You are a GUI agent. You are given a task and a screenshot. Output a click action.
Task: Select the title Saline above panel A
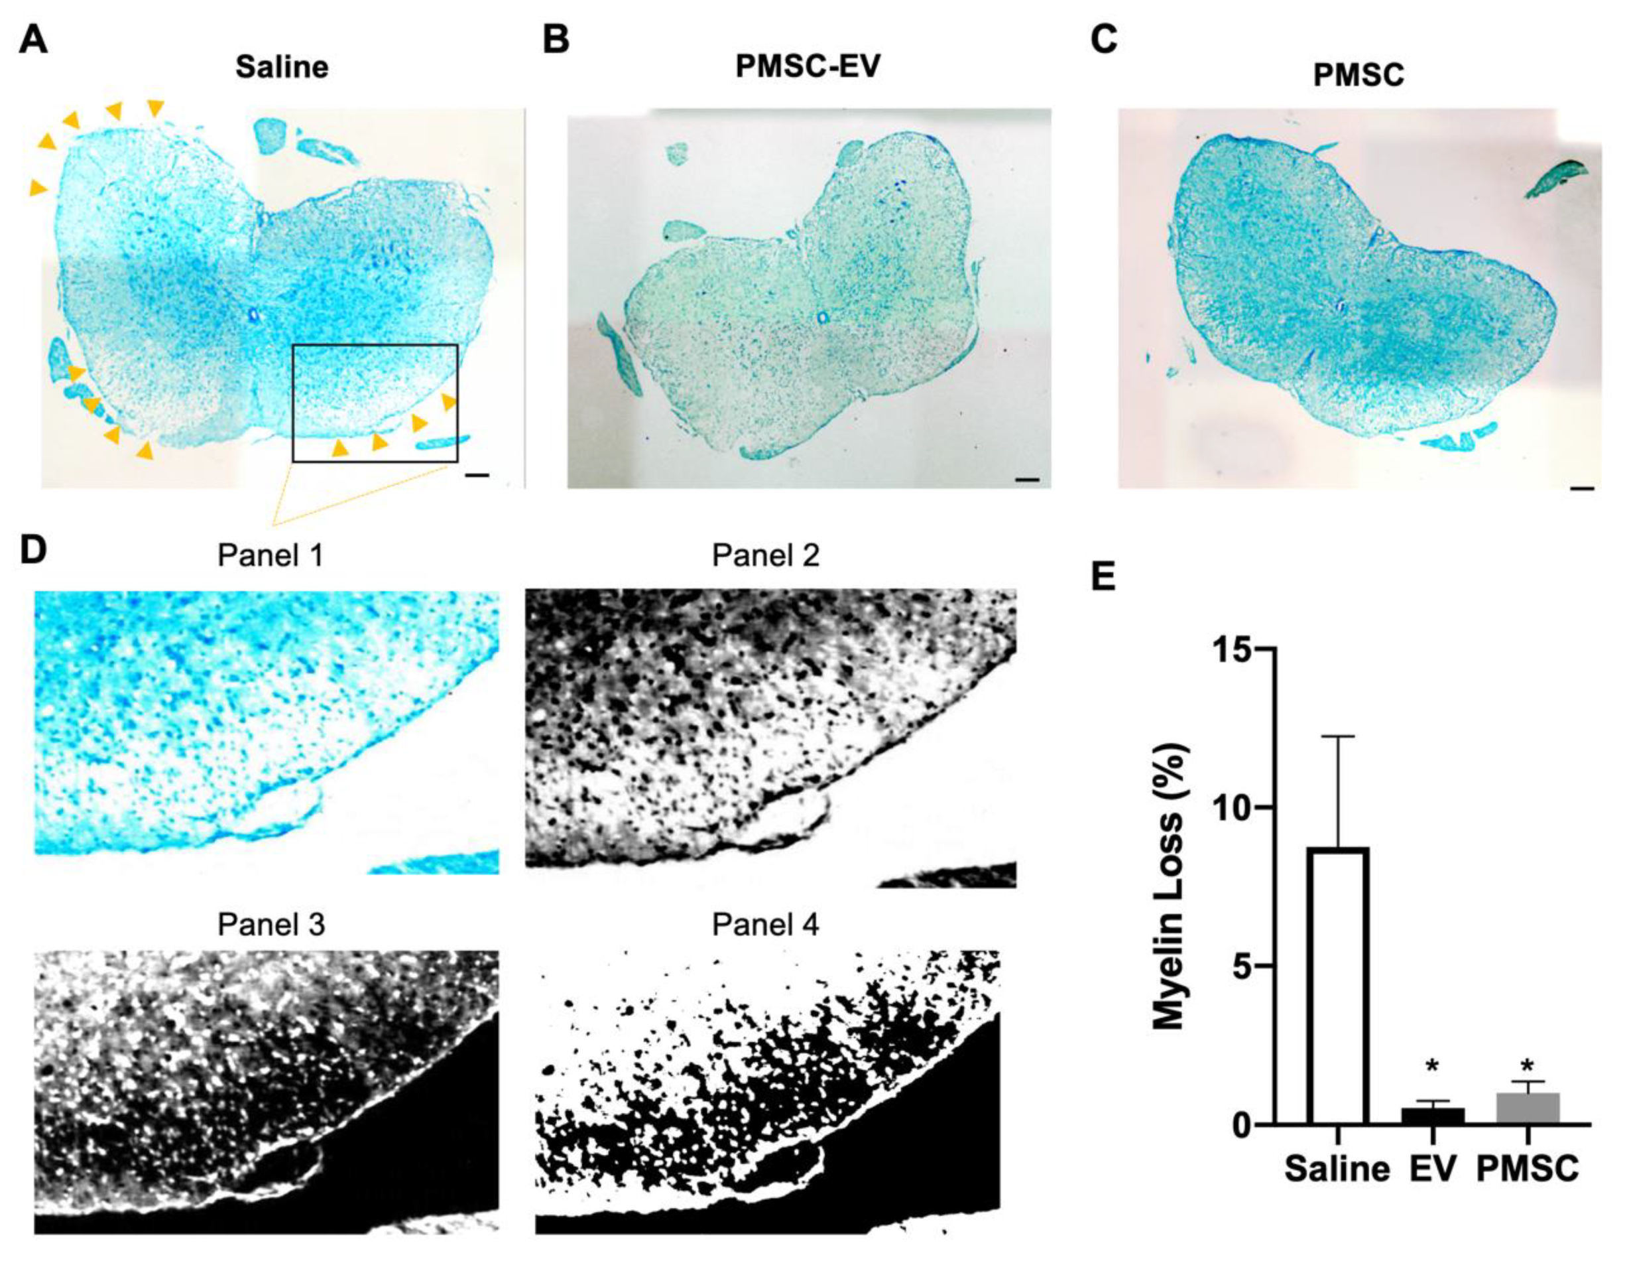(281, 67)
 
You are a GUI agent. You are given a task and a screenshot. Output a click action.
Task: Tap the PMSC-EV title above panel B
(807, 66)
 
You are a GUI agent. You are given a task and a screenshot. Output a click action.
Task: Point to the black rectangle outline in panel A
(375, 346)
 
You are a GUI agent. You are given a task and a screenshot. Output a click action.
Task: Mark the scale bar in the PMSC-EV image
(1026, 479)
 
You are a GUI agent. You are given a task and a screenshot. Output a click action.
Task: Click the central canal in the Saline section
(253, 316)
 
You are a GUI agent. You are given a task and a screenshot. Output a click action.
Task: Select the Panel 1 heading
(270, 556)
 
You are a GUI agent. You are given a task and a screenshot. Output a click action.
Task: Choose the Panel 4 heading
(765, 926)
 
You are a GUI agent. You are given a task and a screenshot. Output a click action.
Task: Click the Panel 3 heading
(270, 926)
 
